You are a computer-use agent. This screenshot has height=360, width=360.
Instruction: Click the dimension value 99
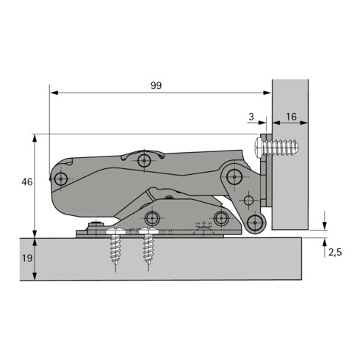156,85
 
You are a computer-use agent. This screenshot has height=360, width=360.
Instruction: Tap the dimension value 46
27,182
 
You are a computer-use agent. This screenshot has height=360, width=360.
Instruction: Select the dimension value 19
27,258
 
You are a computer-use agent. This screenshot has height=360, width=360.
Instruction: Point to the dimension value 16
291,117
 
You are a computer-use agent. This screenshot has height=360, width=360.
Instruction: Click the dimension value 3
251,117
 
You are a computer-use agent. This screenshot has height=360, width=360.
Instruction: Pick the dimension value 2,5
335,252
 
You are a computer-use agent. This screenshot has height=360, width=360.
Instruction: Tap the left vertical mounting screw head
115,231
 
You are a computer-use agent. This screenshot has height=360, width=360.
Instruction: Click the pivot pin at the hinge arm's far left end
61,179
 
